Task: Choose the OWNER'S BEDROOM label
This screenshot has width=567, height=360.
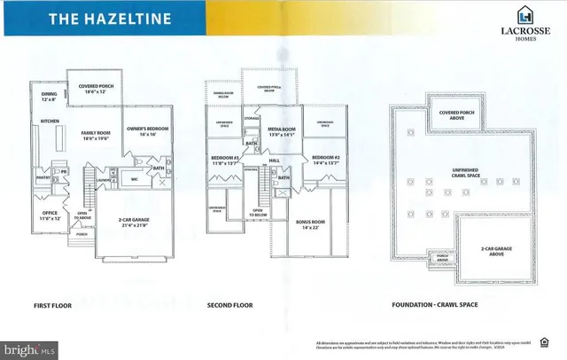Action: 146,129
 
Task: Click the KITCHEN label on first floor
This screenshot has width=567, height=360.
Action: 50,121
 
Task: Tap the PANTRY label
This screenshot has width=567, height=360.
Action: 43,176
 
